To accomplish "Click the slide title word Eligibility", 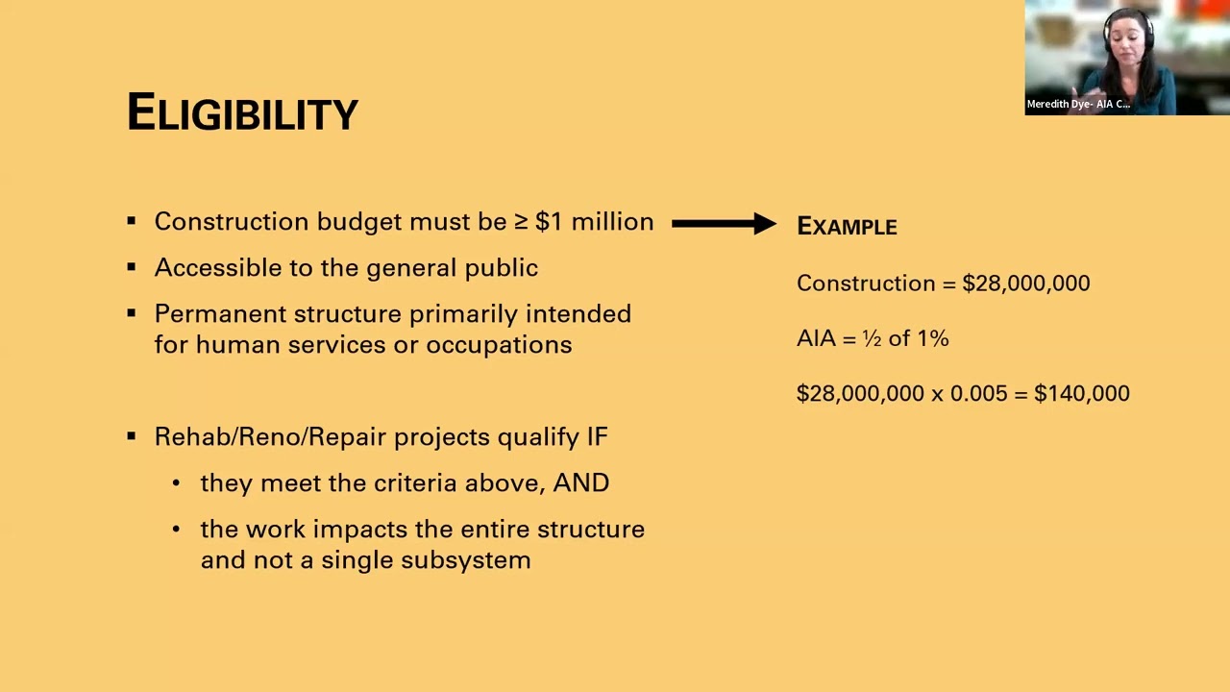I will coord(242,113).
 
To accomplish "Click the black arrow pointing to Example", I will coord(723,224).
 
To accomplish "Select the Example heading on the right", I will coord(847,227).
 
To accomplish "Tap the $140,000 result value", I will coord(1081,394).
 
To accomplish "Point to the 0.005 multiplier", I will coord(977,394).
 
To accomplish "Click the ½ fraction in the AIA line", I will coord(872,338).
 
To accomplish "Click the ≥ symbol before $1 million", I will coord(521,222).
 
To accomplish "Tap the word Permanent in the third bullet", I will coord(220,314).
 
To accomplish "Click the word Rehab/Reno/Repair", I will coord(271,437).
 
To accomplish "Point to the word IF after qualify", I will coord(597,437).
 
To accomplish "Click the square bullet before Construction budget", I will coord(132,222).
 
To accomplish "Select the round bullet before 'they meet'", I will coord(176,483).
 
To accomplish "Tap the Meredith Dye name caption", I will coord(1077,104).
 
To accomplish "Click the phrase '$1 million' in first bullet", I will coord(594,222).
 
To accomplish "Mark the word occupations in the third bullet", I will coord(499,345).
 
